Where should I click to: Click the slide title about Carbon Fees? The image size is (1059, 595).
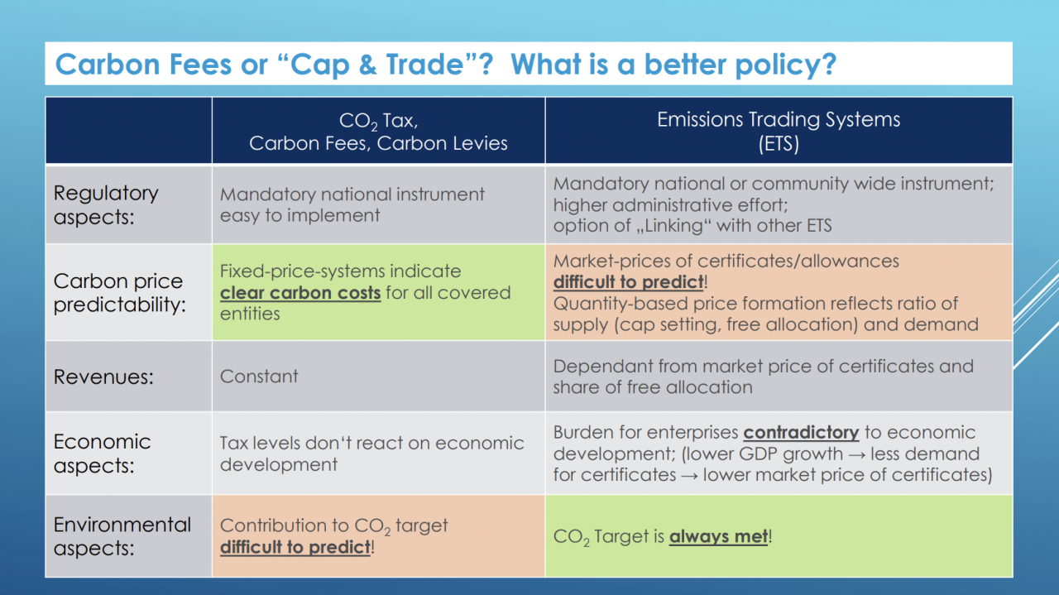click(445, 65)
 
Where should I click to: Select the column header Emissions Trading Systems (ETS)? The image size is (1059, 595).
click(779, 131)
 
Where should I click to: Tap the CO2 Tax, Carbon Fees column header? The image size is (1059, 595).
click(378, 132)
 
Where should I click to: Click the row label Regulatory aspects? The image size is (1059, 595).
click(106, 204)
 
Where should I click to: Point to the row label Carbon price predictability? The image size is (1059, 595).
click(119, 292)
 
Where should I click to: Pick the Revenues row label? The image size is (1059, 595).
click(103, 377)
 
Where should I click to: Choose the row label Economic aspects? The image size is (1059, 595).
click(102, 453)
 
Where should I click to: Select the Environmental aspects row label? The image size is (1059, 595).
click(122, 536)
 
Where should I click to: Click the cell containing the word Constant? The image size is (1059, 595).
click(378, 376)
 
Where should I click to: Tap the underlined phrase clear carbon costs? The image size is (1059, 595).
click(300, 293)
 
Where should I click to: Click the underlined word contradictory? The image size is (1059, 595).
click(801, 432)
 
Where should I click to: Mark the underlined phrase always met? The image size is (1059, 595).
click(719, 536)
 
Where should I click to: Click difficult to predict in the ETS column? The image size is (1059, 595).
click(628, 282)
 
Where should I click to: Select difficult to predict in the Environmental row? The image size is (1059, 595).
click(295, 547)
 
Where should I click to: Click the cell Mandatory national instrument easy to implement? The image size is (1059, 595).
click(378, 204)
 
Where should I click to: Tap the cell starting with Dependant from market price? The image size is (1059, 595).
click(779, 376)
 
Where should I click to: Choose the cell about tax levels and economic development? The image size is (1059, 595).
click(378, 453)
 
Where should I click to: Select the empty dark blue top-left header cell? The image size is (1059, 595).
click(128, 131)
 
